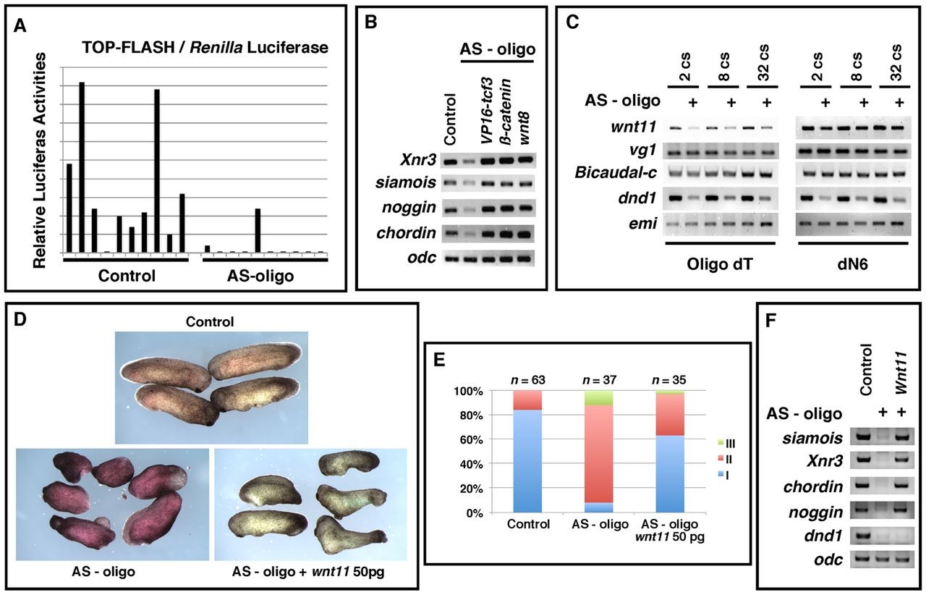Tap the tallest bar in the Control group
pos(82,167)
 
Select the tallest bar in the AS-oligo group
pos(258,230)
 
